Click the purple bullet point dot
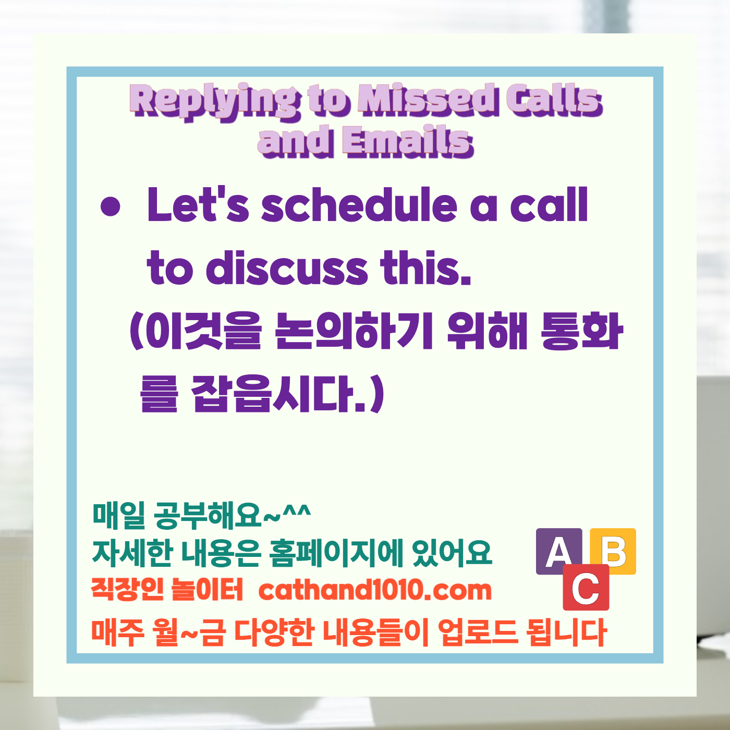coord(110,206)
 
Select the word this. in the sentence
coord(426,269)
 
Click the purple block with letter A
coord(558,551)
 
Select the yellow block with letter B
coord(614,551)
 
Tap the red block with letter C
coord(586,588)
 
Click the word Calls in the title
coord(554,99)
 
